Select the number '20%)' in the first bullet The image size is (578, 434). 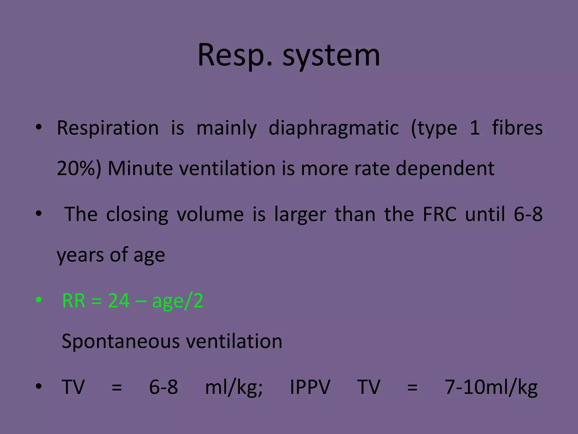[x=79, y=169]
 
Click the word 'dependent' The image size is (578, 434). [x=445, y=169]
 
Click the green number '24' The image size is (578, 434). [x=119, y=301]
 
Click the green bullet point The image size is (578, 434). [x=39, y=300]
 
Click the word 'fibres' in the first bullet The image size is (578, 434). [x=517, y=128]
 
